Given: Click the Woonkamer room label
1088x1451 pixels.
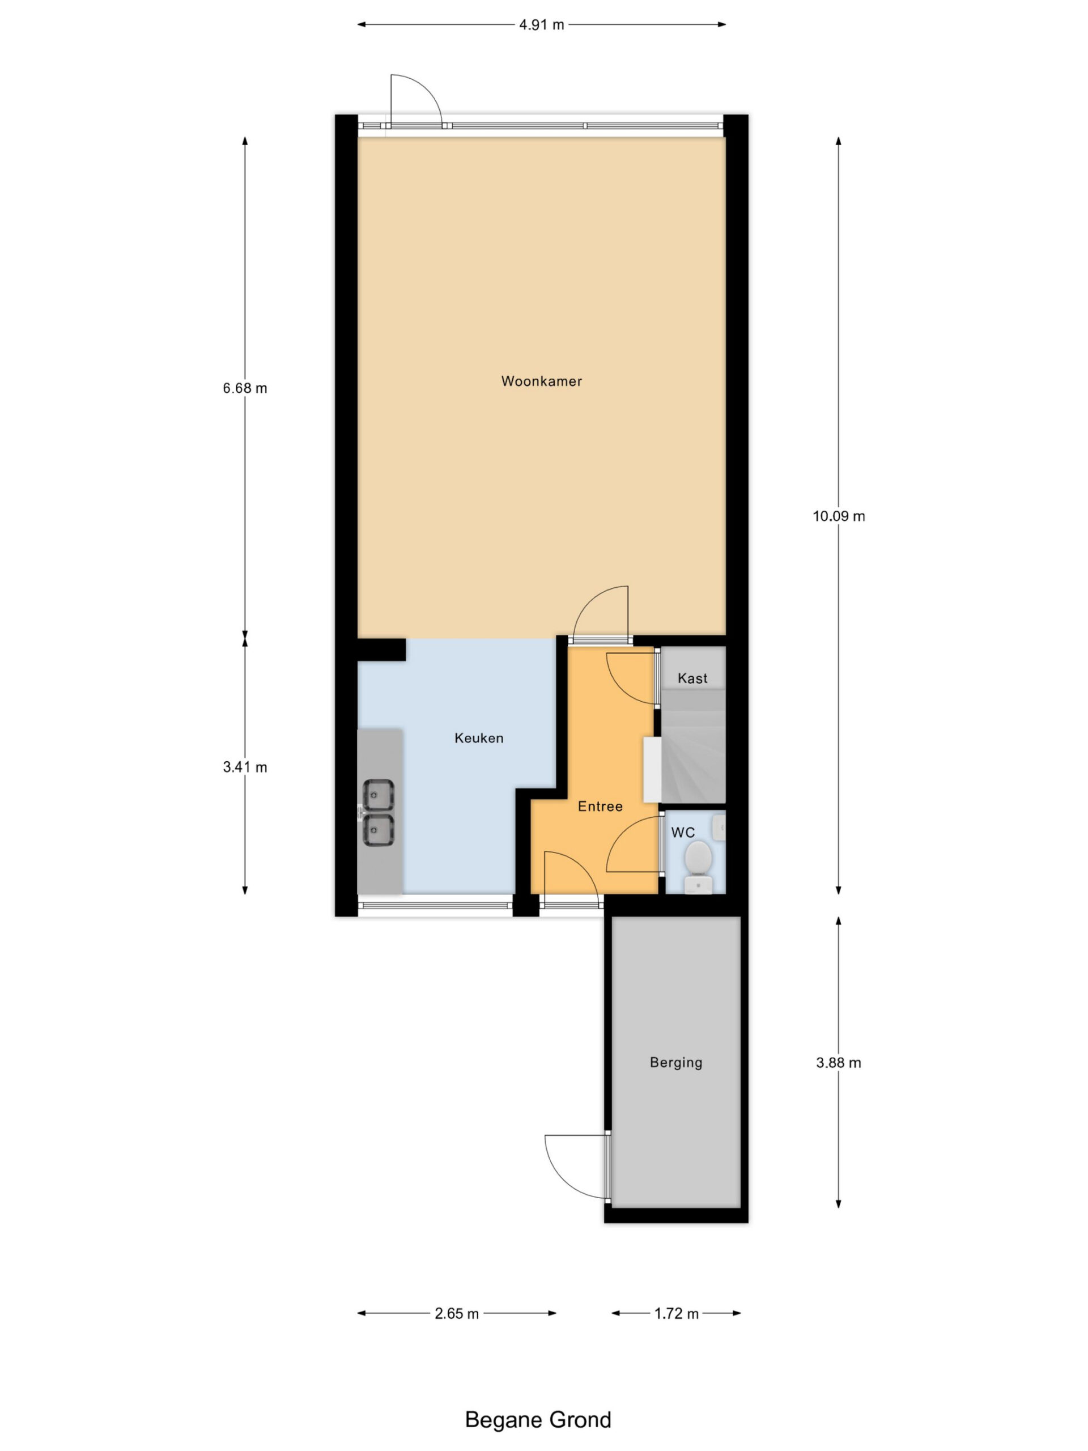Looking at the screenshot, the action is pyautogui.click(x=541, y=381).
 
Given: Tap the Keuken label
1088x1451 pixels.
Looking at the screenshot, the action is pyautogui.click(x=479, y=738).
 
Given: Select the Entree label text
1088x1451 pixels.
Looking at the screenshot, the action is pyautogui.click(x=600, y=806).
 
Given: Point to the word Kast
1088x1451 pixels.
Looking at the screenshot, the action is pyautogui.click(x=692, y=678).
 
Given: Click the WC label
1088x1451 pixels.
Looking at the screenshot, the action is pyautogui.click(x=683, y=833).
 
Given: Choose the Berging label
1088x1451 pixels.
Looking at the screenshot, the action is pyautogui.click(x=676, y=1062).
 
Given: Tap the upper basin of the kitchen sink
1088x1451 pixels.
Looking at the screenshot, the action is pyautogui.click(x=379, y=795).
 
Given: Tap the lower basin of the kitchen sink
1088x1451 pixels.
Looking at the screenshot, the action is pyautogui.click(x=379, y=830).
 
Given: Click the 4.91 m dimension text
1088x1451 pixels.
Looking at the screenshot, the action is pyautogui.click(x=542, y=25).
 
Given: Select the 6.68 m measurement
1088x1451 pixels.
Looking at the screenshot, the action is pyautogui.click(x=245, y=388).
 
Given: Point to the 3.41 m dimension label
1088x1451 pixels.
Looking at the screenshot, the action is pyautogui.click(x=245, y=767).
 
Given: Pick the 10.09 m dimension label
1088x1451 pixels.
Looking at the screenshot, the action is pyautogui.click(x=839, y=516).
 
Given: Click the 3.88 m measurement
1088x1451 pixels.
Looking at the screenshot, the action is pyautogui.click(x=839, y=1063).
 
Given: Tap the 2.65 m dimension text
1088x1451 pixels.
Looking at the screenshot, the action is pyautogui.click(x=456, y=1313).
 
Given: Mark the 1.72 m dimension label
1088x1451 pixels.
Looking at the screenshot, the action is pyautogui.click(x=676, y=1313).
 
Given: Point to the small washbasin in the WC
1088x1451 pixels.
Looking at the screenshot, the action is pyautogui.click(x=720, y=826).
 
